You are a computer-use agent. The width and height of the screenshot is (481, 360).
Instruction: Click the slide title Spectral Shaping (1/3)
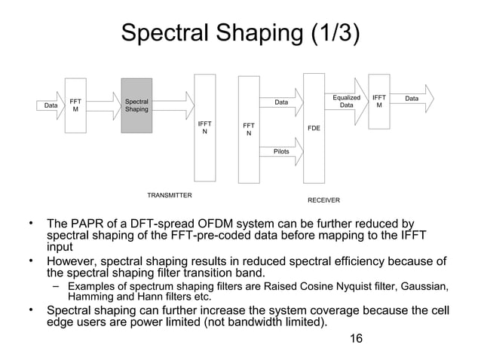240,34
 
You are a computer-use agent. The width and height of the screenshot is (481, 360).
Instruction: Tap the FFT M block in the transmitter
75,105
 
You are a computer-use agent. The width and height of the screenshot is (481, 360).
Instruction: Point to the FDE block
314,128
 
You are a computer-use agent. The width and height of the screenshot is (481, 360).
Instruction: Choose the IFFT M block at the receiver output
379,102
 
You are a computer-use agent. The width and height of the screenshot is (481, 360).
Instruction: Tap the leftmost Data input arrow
51,105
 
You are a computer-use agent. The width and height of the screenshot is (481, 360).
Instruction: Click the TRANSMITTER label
169,195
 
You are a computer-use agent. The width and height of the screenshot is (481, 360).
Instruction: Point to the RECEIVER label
323,200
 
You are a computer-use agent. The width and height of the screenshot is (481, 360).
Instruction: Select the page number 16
357,338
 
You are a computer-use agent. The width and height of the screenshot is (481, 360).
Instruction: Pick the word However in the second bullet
73,261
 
